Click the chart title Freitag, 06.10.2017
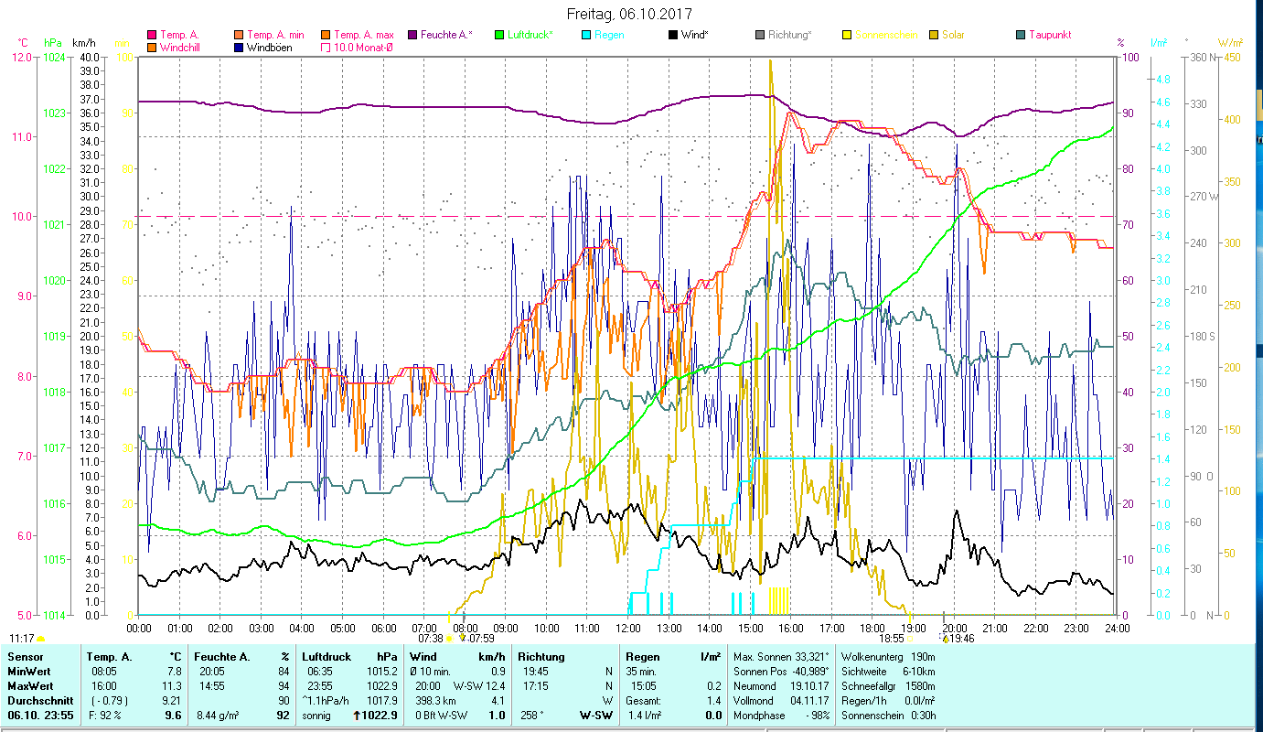click(629, 14)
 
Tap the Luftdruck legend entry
click(530, 35)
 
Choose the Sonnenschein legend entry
click(884, 35)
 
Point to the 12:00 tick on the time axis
click(628, 629)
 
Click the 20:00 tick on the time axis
click(954, 629)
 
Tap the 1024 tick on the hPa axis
click(54, 57)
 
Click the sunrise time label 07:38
click(430, 639)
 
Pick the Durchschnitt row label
click(36, 700)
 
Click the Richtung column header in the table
click(541, 656)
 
